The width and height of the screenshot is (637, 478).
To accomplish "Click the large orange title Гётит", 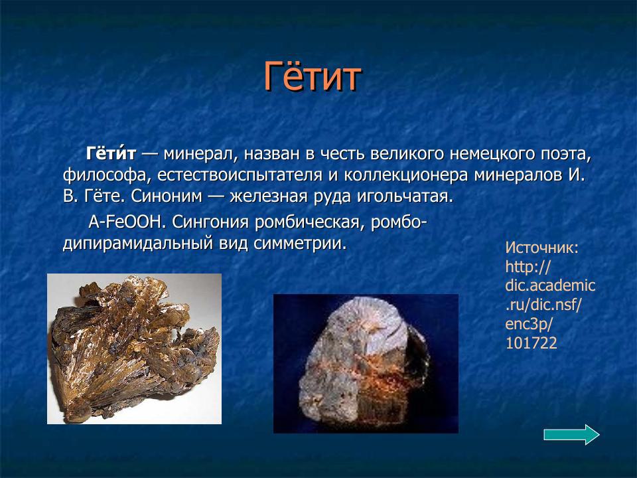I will point(313,77).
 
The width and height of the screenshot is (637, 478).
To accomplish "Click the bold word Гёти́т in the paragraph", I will point(111,154).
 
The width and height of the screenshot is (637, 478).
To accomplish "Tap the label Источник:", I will point(542,248).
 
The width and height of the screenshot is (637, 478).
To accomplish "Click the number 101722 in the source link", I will point(531,343).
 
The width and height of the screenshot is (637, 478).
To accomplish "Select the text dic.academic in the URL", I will point(550,286).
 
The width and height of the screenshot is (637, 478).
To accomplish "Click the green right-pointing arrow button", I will point(571,435).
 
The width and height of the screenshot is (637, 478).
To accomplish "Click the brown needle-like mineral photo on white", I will point(134,349).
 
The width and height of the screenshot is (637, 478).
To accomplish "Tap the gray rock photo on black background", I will point(366,364).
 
